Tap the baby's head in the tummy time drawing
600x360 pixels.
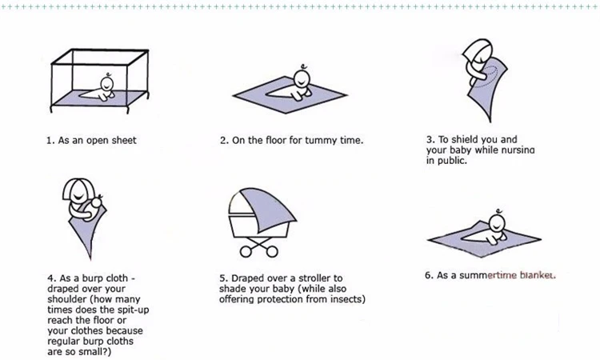point(302,78)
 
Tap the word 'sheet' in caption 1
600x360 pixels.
point(122,141)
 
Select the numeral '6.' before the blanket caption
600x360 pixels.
point(429,275)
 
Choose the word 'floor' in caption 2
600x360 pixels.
point(260,141)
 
